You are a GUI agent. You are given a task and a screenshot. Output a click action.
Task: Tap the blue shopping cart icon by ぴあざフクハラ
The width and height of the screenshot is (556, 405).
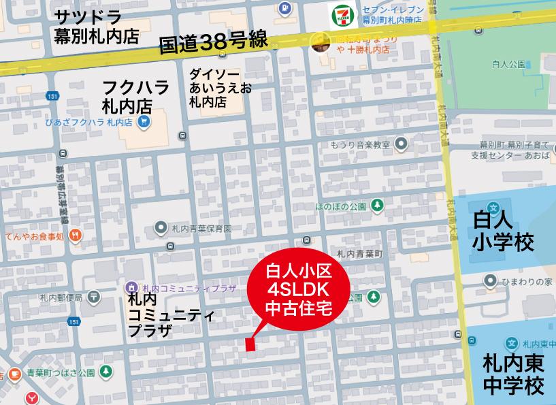(143, 122)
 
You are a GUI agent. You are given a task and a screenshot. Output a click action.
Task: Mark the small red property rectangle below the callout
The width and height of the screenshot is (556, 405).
(250, 344)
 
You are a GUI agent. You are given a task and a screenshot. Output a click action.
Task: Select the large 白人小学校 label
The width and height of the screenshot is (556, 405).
(503, 230)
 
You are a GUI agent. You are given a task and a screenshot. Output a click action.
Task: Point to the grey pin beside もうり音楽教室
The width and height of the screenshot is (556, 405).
(402, 144)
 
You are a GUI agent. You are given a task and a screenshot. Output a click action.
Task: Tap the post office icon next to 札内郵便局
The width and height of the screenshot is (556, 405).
(93, 297)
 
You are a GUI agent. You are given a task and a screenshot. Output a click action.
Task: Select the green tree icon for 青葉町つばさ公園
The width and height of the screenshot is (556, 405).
(105, 372)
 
